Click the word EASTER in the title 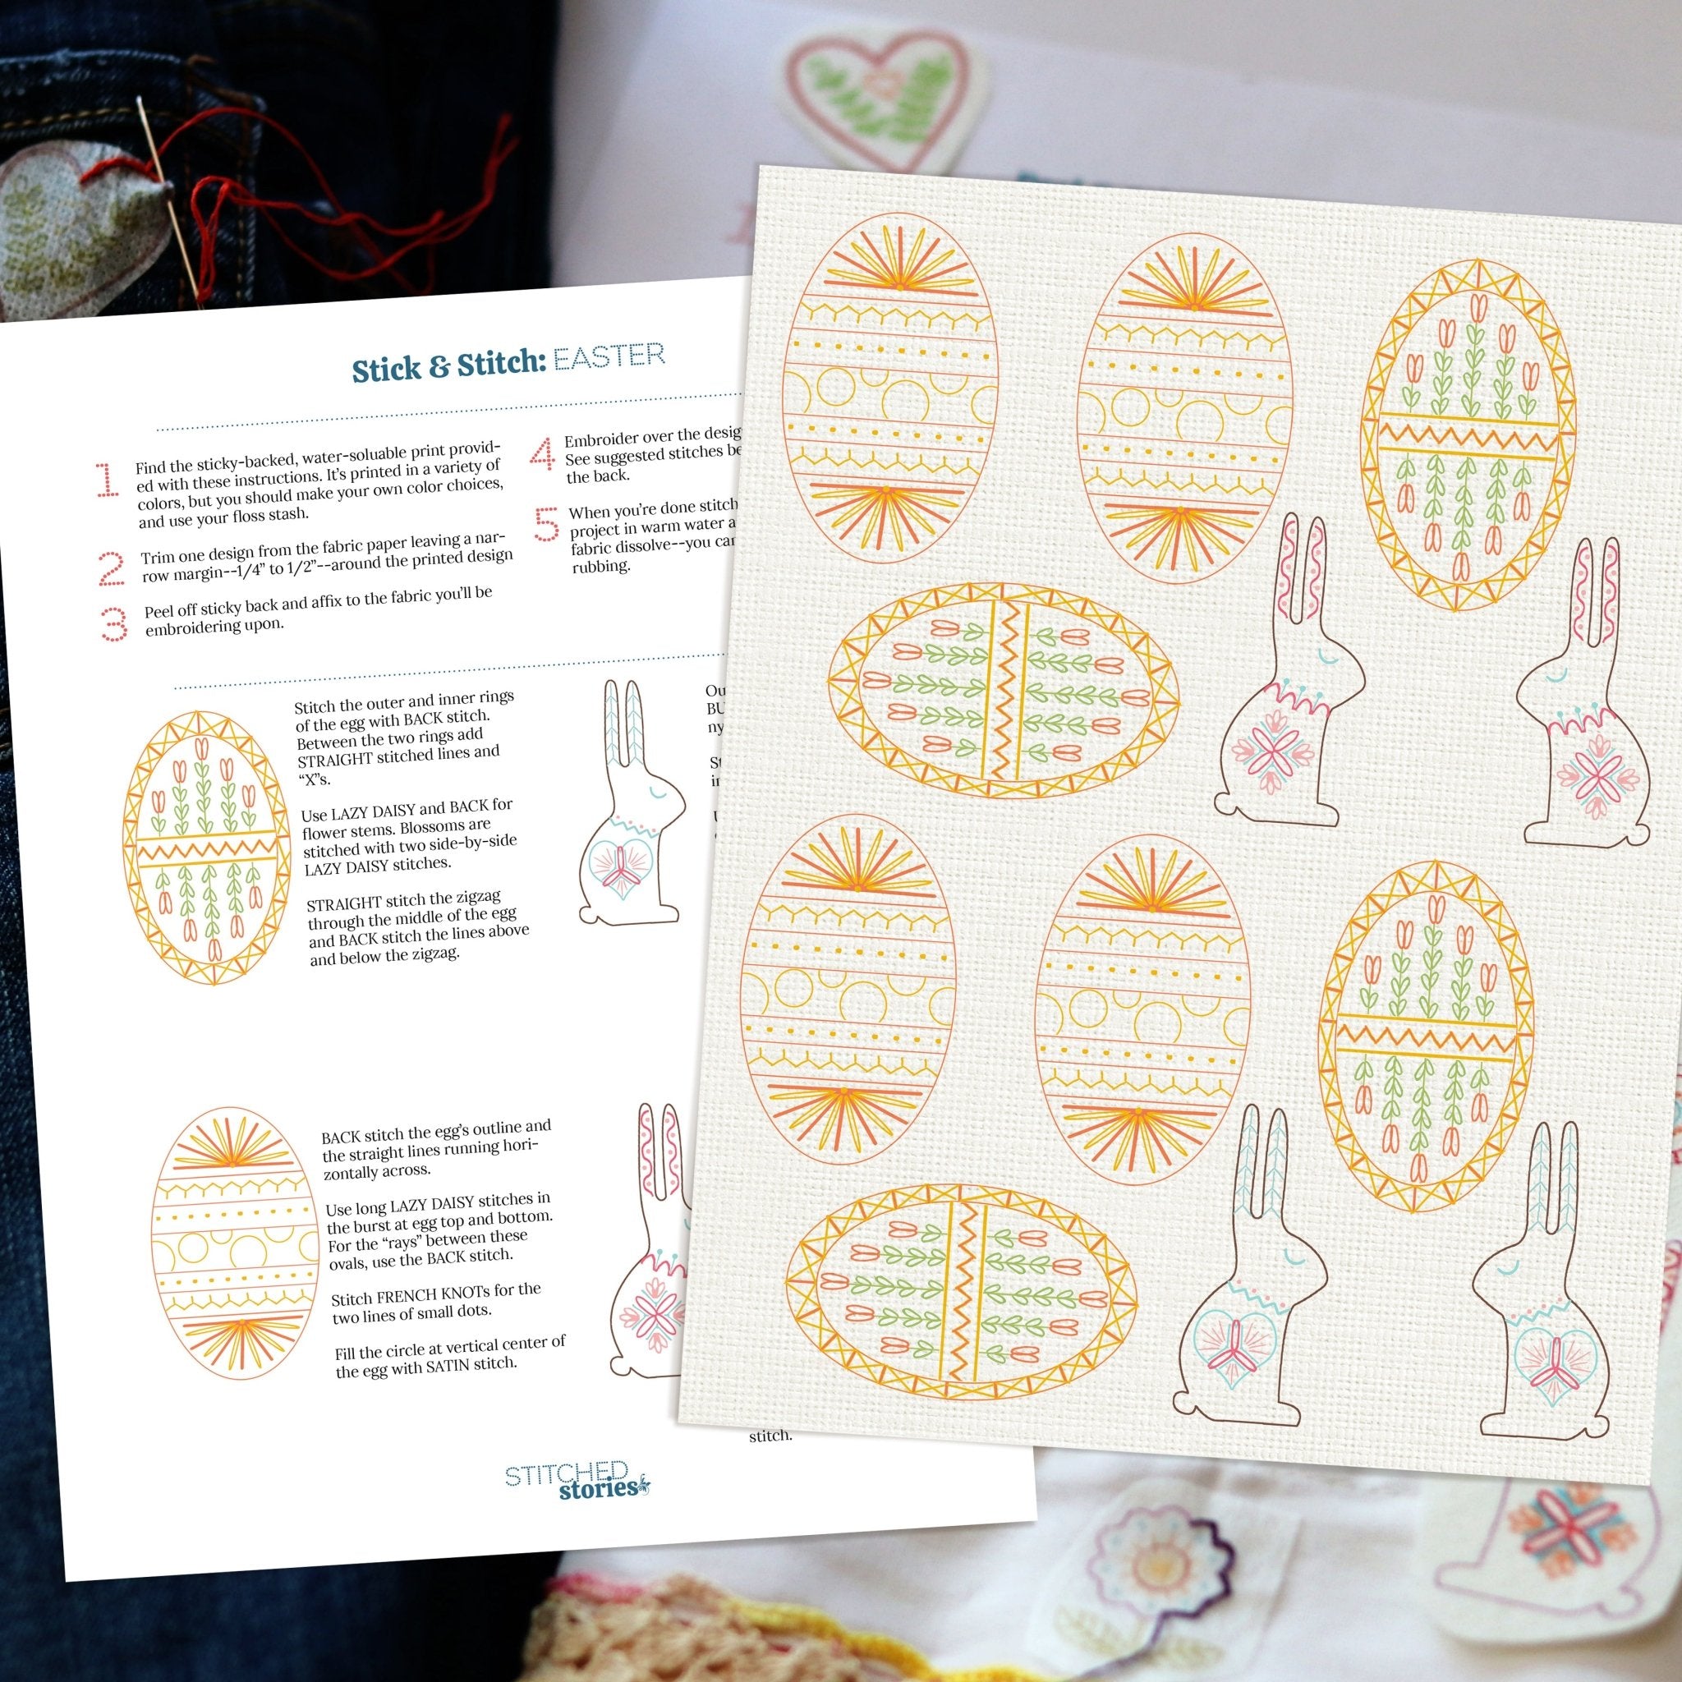(x=609, y=357)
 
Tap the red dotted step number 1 (x=106, y=480)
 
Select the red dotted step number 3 (x=114, y=623)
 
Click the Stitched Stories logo (x=578, y=1480)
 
